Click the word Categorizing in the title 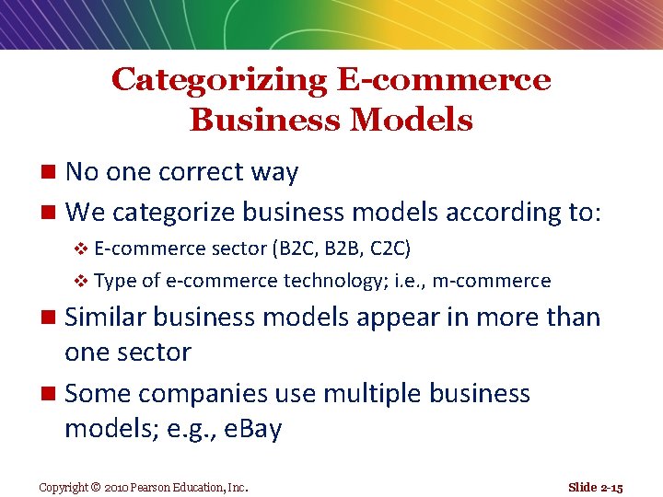[x=218, y=80]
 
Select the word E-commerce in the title [x=444, y=80]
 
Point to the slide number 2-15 [x=610, y=487]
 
